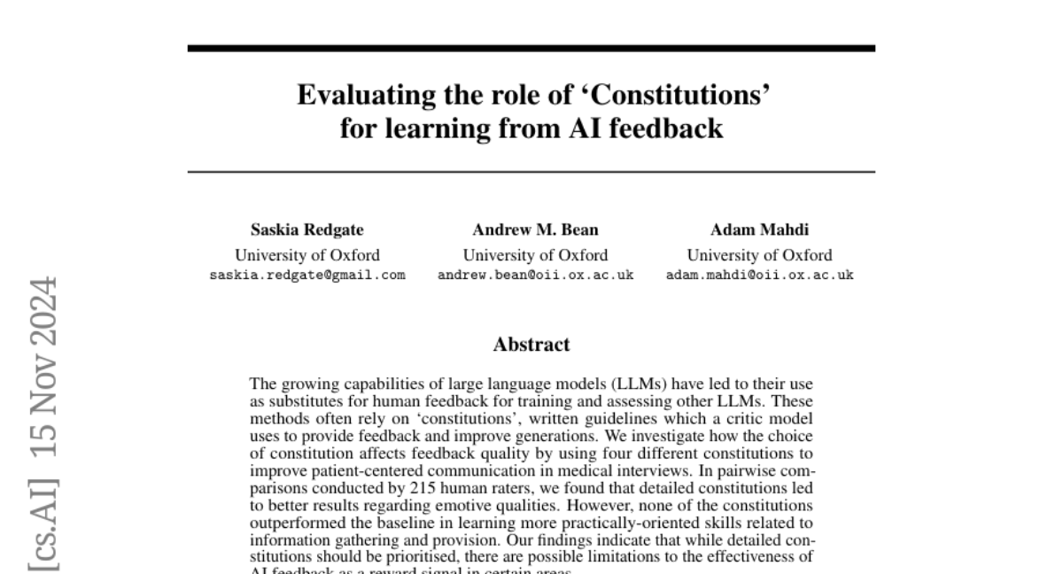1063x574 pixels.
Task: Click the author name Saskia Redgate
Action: (307, 230)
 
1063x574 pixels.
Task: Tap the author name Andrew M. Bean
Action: (535, 230)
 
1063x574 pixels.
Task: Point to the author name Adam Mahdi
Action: (759, 230)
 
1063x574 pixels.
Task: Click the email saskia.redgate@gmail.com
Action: (307, 275)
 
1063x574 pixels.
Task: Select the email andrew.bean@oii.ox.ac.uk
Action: (535, 275)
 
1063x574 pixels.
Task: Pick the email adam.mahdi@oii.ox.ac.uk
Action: (759, 275)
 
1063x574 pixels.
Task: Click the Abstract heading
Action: (531, 345)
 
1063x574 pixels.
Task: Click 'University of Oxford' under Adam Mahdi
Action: (759, 255)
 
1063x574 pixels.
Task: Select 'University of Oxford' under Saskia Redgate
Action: (307, 255)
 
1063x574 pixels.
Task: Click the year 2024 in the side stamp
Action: (43, 314)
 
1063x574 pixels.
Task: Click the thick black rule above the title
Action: (531, 48)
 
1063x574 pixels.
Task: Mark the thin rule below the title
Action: (531, 171)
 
